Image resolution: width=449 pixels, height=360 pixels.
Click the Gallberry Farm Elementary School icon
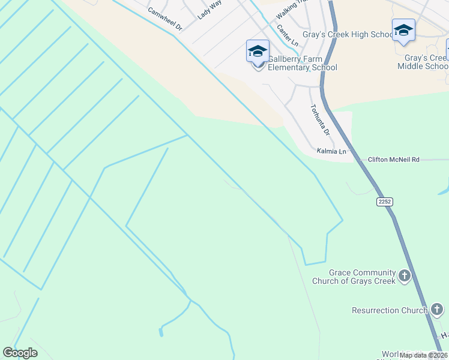[258, 52]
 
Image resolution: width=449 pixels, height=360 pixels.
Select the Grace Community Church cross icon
[405, 276]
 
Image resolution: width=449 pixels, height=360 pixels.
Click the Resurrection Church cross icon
[437, 310]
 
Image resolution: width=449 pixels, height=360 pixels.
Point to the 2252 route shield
[385, 202]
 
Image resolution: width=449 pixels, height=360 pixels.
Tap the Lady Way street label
[209, 10]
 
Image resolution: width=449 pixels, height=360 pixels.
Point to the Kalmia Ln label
[332, 152]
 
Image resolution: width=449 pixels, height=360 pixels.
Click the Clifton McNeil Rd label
[394, 160]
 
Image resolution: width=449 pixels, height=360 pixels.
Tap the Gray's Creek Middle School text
[426, 62]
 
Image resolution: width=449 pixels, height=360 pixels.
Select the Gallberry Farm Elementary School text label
[302, 63]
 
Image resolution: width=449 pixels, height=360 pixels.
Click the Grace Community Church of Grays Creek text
[354, 277]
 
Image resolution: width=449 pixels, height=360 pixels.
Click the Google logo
[20, 353]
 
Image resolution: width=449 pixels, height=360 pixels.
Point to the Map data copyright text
[424, 355]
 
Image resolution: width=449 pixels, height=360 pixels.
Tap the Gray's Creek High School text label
[357, 34]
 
